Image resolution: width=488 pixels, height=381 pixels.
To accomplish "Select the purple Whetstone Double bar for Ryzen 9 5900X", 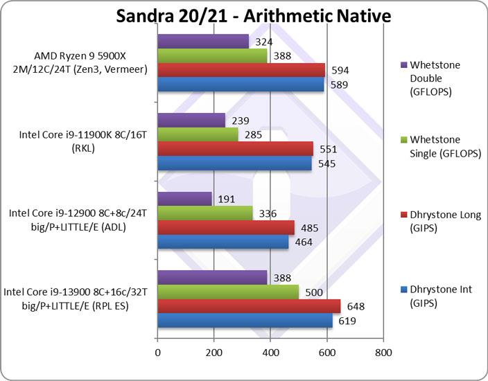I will (203, 42).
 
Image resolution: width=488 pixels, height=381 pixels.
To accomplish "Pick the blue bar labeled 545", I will (234, 163).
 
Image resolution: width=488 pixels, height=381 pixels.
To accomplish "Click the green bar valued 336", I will (205, 213).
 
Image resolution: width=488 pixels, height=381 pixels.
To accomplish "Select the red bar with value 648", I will (249, 306).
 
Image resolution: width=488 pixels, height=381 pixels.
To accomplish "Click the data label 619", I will (347, 321).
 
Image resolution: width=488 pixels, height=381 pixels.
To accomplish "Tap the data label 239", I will (240, 120).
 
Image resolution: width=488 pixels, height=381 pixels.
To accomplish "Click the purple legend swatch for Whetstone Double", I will (404, 65).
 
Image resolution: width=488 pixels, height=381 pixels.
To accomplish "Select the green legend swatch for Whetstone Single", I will (404, 140).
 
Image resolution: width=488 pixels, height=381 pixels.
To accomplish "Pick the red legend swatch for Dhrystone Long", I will (404, 215).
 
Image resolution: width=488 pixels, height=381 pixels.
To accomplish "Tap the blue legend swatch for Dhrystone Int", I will (404, 289).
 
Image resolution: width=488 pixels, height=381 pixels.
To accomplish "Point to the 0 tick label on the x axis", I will (158, 352).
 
